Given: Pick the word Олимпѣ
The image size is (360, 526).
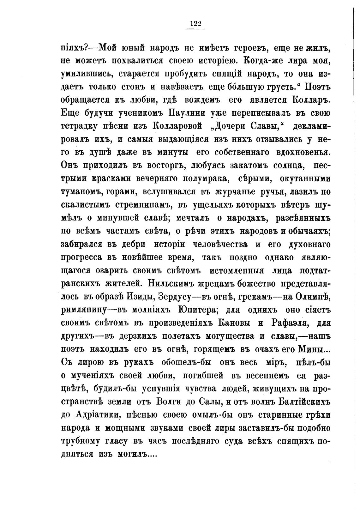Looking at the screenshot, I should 311,296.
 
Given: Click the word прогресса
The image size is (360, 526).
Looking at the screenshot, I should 81,257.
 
